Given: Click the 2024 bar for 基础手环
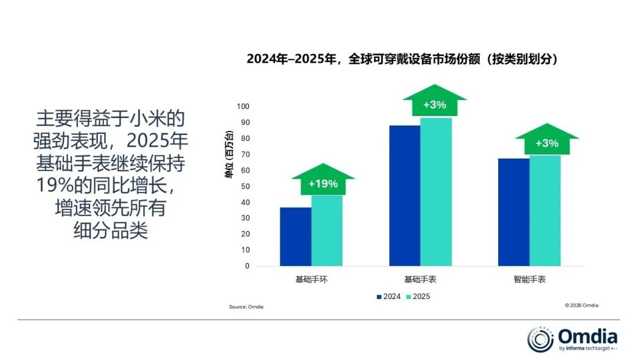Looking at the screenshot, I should click(295, 237).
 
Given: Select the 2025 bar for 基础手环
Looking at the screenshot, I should click(327, 231).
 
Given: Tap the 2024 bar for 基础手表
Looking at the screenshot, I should click(405, 195).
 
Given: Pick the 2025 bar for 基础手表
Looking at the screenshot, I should click(436, 192).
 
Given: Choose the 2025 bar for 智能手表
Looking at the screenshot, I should click(545, 210).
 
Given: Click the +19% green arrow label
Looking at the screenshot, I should click(323, 181).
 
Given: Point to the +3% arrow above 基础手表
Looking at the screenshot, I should click(434, 103).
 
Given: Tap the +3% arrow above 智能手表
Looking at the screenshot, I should click(547, 142).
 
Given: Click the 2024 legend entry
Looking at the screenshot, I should click(388, 296).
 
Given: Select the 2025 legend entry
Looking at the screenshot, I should click(418, 296).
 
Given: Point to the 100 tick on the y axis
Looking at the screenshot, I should click(243, 107).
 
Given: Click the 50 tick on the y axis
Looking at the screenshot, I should click(245, 187).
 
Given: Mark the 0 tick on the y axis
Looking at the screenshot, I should click(247, 266).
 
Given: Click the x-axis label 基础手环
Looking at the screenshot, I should click(311, 279).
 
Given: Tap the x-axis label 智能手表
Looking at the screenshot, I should click(530, 279).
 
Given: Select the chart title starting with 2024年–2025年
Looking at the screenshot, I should click(402, 59).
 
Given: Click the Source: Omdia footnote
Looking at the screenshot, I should click(246, 307).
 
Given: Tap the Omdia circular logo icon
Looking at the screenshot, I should click(540, 339).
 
